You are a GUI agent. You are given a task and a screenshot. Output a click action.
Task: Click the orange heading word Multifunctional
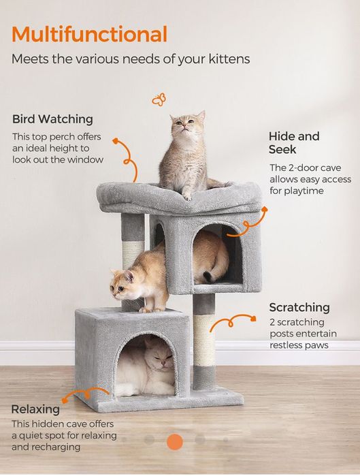tap(89, 34)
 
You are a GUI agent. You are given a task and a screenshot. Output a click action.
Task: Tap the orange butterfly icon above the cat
tap(159, 99)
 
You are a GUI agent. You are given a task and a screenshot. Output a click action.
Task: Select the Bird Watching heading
tap(52, 119)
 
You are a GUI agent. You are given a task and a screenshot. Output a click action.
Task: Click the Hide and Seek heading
tap(294, 143)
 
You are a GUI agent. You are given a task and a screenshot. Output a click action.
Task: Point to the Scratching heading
tap(299, 307)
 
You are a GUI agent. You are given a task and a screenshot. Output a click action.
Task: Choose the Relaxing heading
tap(35, 409)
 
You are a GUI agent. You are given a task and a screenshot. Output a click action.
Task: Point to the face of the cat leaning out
tap(120, 287)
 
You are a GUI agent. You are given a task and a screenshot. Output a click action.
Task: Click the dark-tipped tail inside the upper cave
tap(209, 276)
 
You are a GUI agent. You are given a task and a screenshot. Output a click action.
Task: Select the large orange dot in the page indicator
tap(175, 442)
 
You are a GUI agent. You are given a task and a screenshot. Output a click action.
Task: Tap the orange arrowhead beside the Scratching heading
tap(253, 319)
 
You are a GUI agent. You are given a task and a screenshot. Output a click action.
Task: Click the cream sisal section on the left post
tap(133, 255)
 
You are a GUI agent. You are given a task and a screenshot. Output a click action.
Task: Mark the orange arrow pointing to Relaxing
tap(85, 394)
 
